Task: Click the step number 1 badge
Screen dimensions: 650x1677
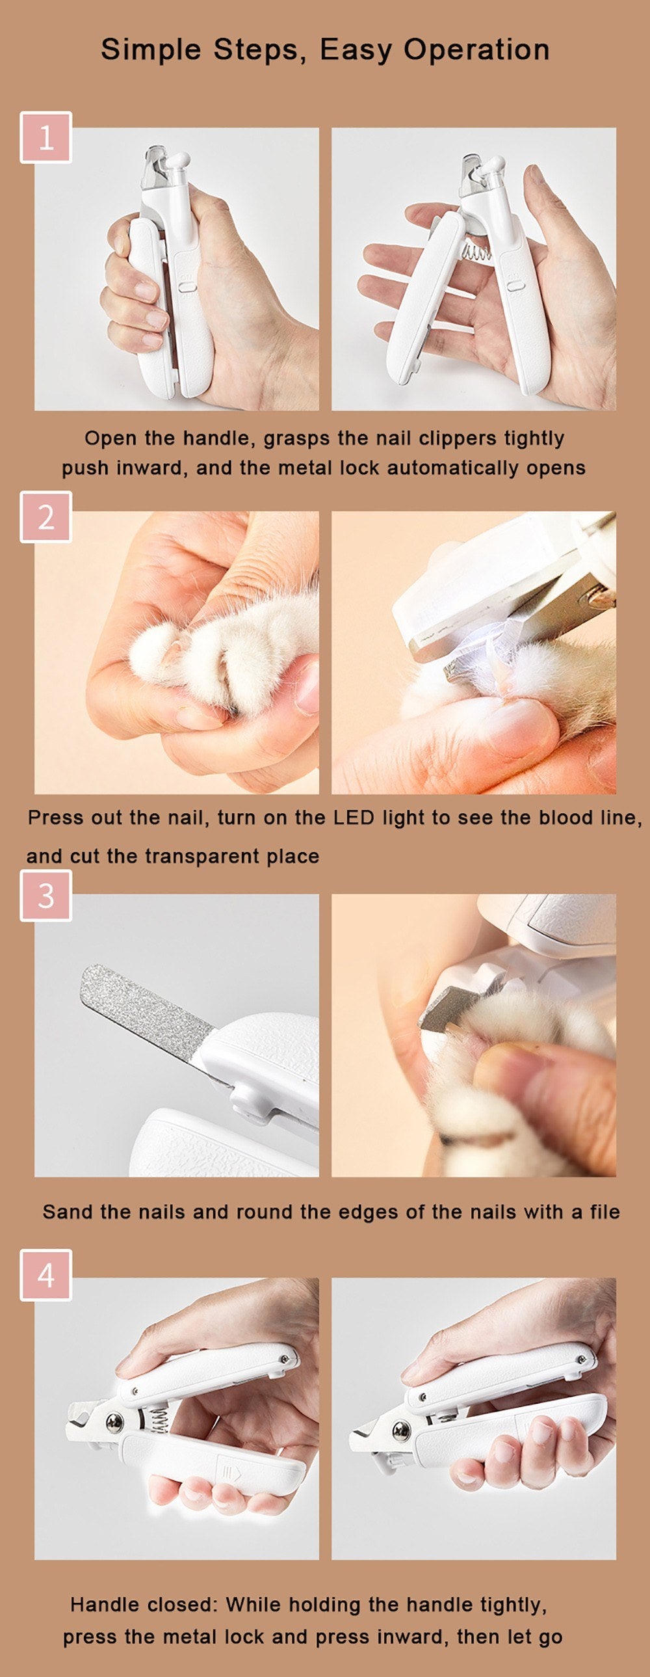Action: pyautogui.click(x=45, y=137)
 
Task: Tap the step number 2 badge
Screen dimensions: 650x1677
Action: pyautogui.click(x=45, y=517)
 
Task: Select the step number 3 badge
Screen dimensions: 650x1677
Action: pyautogui.click(x=45, y=896)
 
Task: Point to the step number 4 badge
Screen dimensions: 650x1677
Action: pyautogui.click(x=45, y=1275)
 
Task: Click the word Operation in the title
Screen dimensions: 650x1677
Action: pyautogui.click(x=476, y=50)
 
